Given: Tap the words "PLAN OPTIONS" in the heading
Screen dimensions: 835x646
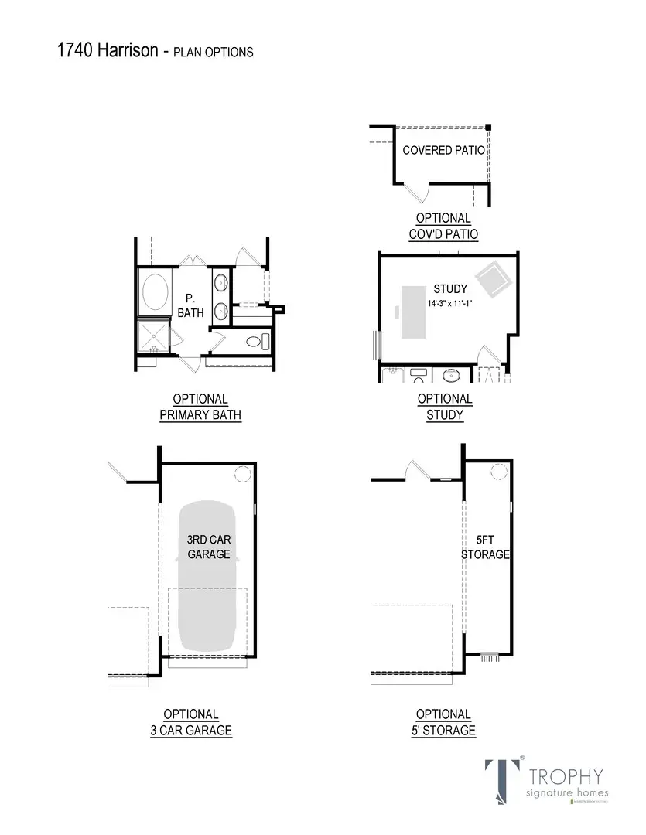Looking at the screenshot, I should (x=213, y=53).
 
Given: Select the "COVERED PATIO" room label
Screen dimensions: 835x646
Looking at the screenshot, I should (x=444, y=150).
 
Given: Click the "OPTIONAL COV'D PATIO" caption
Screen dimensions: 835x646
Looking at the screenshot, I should (x=443, y=227).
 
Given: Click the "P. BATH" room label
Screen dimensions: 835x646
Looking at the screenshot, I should (x=190, y=305).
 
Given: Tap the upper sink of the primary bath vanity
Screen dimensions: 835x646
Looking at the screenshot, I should (x=220, y=281).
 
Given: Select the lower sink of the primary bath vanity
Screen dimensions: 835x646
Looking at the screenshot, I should (x=220, y=312).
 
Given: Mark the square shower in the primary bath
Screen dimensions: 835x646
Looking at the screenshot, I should (x=153, y=337).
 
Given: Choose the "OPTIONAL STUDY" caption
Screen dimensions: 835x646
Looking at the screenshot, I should (x=445, y=407).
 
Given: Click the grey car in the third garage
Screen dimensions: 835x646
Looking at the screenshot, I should (x=207, y=576).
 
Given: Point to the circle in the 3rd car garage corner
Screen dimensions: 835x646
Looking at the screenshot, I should (x=242, y=474).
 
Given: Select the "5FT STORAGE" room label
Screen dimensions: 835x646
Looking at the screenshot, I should (x=485, y=548).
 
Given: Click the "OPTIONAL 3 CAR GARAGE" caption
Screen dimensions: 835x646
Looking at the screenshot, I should (x=191, y=722).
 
